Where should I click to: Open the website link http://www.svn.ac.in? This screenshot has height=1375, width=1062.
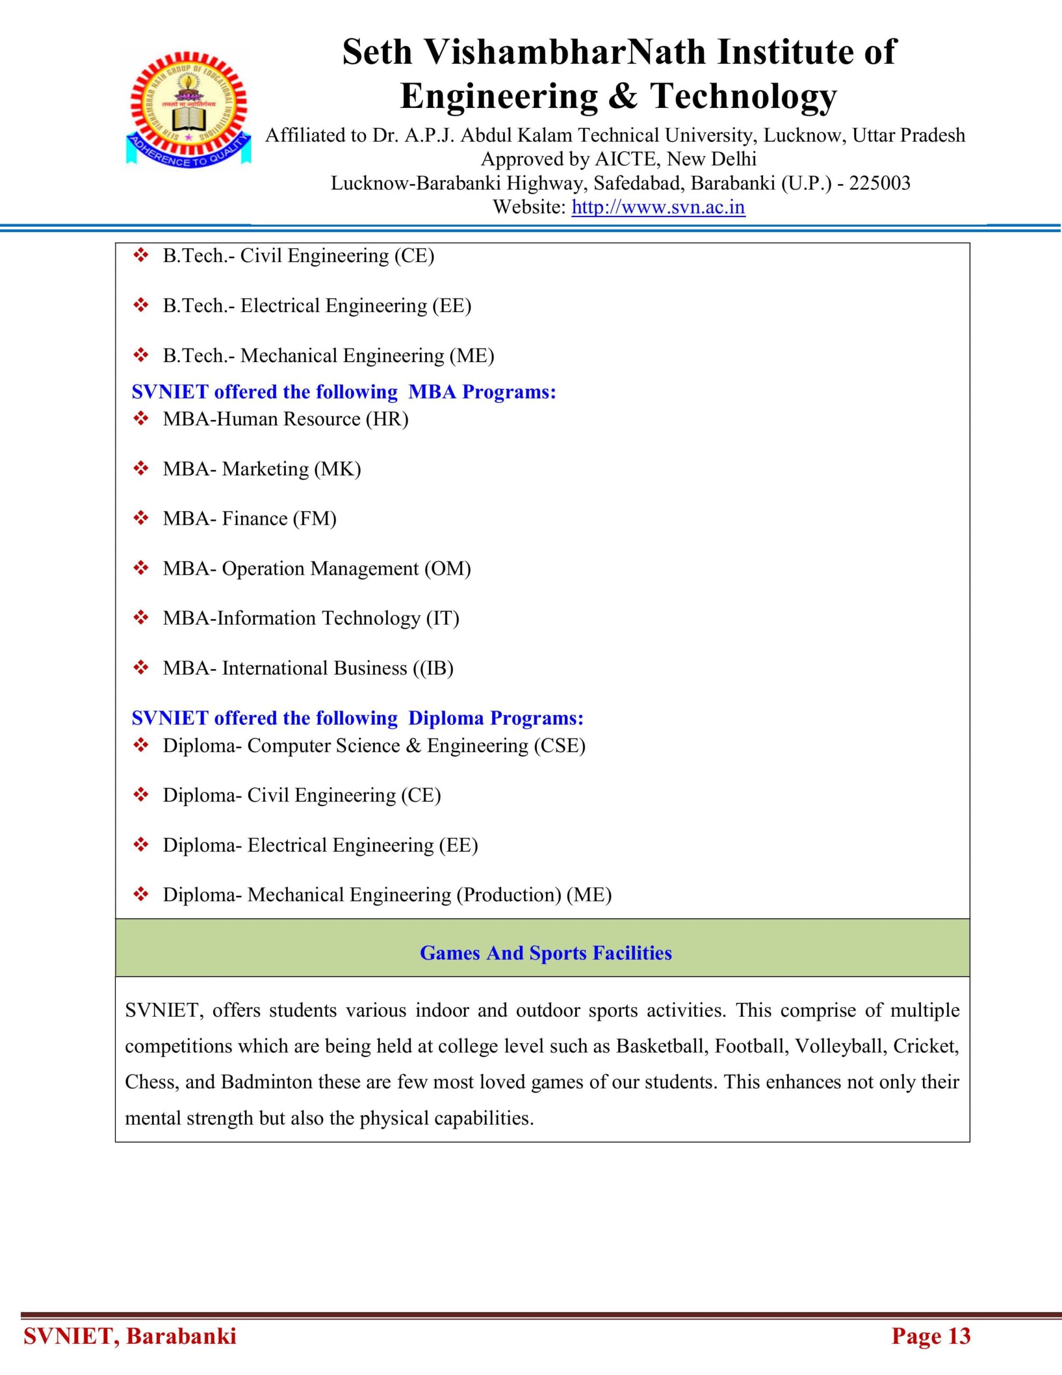click(x=658, y=207)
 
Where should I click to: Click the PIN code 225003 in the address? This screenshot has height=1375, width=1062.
click(x=879, y=183)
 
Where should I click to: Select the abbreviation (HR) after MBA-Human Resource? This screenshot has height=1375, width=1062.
click(x=387, y=419)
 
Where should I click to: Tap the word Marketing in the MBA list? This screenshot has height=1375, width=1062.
click(x=265, y=469)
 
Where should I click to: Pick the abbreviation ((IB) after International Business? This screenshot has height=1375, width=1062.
click(x=433, y=668)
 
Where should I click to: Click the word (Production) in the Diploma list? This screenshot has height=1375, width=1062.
click(x=508, y=895)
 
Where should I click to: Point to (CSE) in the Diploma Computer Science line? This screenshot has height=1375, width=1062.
click(x=559, y=746)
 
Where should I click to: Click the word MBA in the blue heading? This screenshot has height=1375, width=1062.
click(x=433, y=392)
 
